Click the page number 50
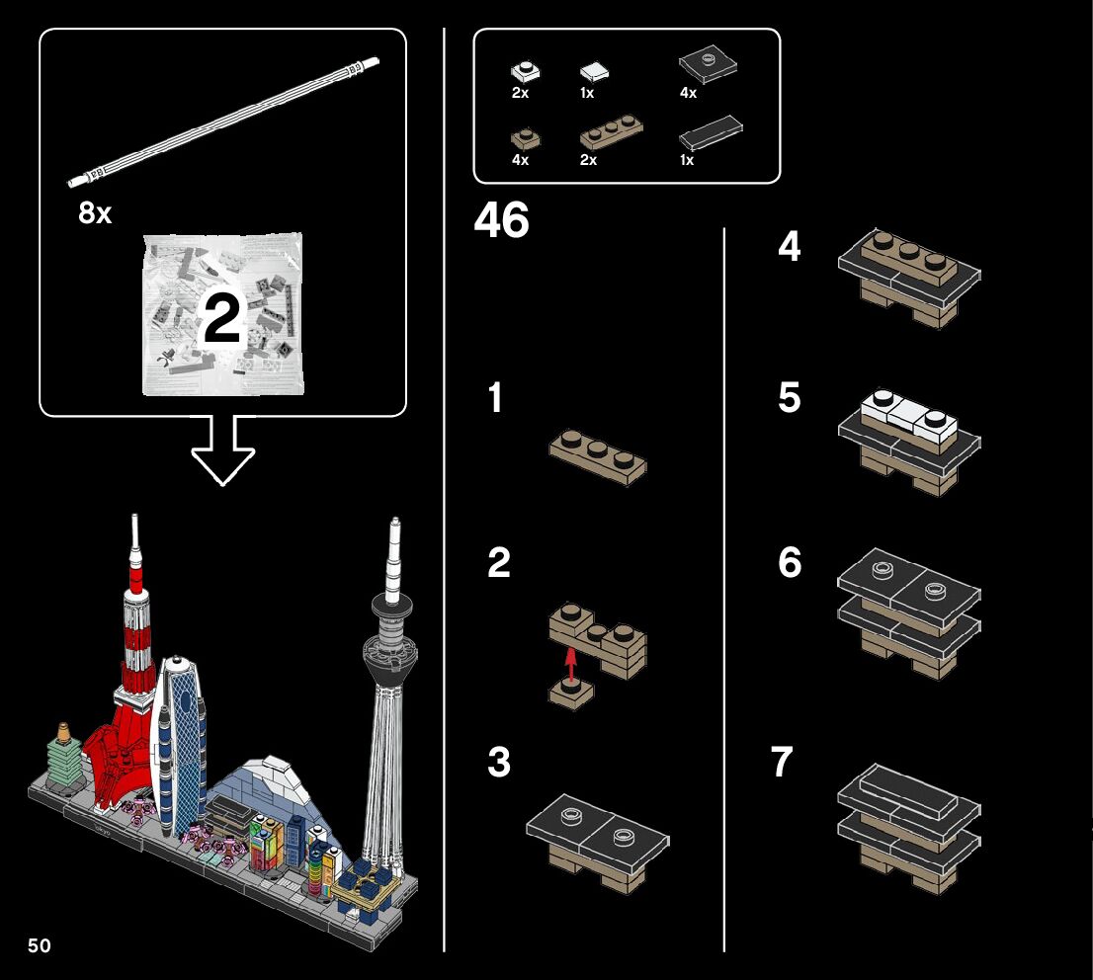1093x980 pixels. (x=40, y=945)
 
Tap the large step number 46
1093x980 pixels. (x=501, y=220)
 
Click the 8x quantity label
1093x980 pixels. (x=95, y=212)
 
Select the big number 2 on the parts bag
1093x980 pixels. (x=222, y=318)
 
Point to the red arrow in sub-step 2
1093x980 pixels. (x=571, y=665)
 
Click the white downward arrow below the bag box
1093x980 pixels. (x=223, y=449)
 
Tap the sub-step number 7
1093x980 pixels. (x=782, y=761)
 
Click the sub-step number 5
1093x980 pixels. (x=789, y=397)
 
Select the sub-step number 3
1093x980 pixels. (x=499, y=762)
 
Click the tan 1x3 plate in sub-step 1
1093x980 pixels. (x=598, y=457)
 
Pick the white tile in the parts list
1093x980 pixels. (x=594, y=71)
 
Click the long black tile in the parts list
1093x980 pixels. (x=711, y=132)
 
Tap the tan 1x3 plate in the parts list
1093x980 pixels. (x=612, y=133)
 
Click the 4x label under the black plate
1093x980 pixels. (x=688, y=93)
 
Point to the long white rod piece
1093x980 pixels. (x=223, y=122)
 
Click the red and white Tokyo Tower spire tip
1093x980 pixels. (x=134, y=519)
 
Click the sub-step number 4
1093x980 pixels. (x=789, y=247)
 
